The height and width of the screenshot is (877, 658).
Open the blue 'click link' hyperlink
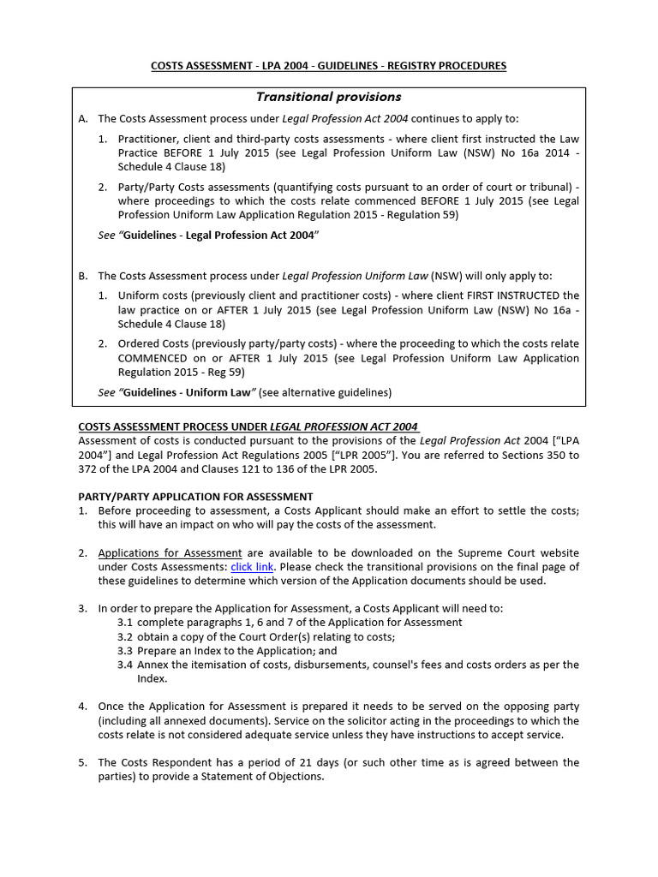[x=252, y=567]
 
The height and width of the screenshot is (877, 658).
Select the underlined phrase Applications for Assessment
[x=170, y=553]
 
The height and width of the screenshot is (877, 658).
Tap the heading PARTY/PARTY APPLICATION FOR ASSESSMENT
[x=195, y=497]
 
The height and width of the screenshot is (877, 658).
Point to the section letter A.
[x=83, y=119]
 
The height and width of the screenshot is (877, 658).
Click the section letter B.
[x=83, y=276]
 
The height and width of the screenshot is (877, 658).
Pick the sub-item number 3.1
[x=125, y=623]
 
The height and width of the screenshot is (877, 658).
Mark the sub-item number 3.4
[x=125, y=665]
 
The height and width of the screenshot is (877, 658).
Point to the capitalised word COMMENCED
[x=156, y=358]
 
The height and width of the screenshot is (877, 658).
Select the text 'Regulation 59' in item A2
[x=420, y=215]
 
